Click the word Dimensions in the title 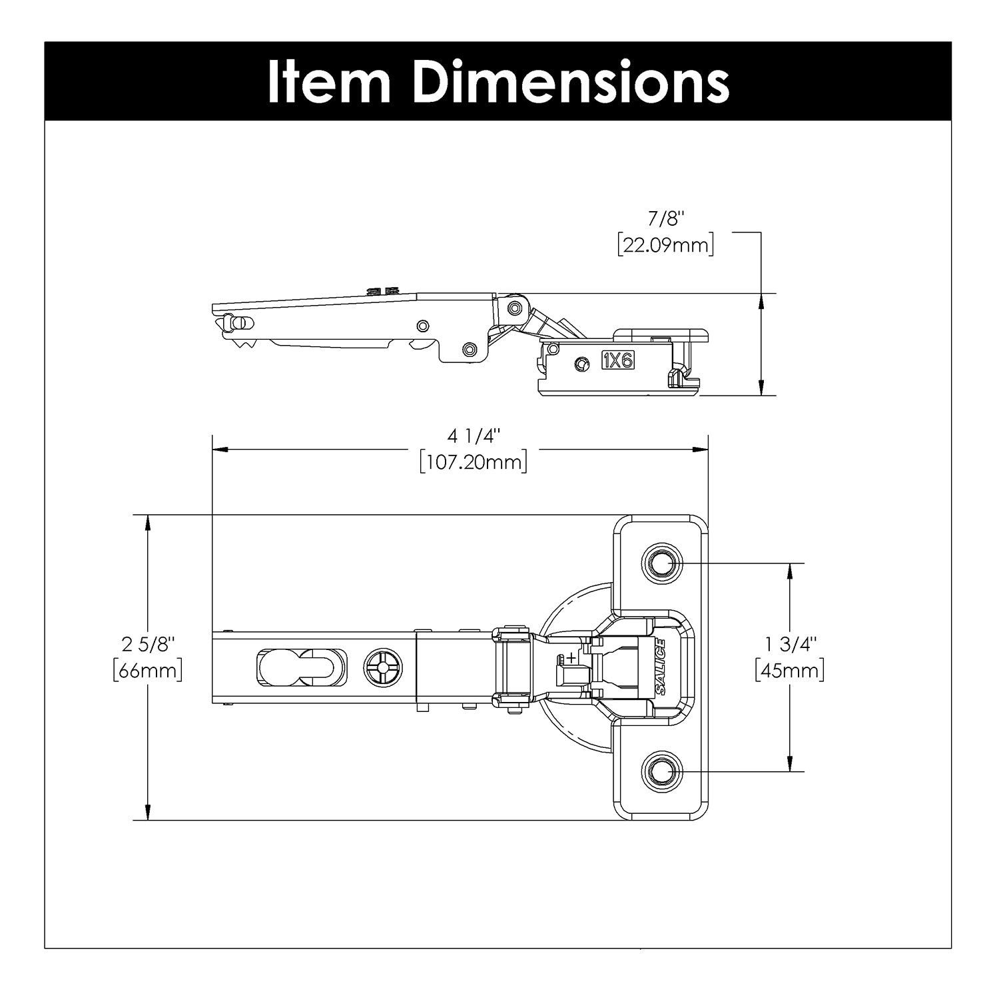[x=571, y=82]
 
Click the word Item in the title [x=329, y=82]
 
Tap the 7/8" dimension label [x=666, y=219]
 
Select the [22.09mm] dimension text [x=666, y=245]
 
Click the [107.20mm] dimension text [x=474, y=462]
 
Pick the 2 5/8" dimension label [x=148, y=644]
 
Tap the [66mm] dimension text [x=148, y=670]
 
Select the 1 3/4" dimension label [x=790, y=644]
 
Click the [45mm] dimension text [x=790, y=670]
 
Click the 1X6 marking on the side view [x=618, y=360]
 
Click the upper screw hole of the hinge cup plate [x=661, y=564]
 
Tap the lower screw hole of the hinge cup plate [x=661, y=772]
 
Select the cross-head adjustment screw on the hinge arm [x=384, y=667]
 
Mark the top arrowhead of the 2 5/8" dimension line [x=148, y=522]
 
